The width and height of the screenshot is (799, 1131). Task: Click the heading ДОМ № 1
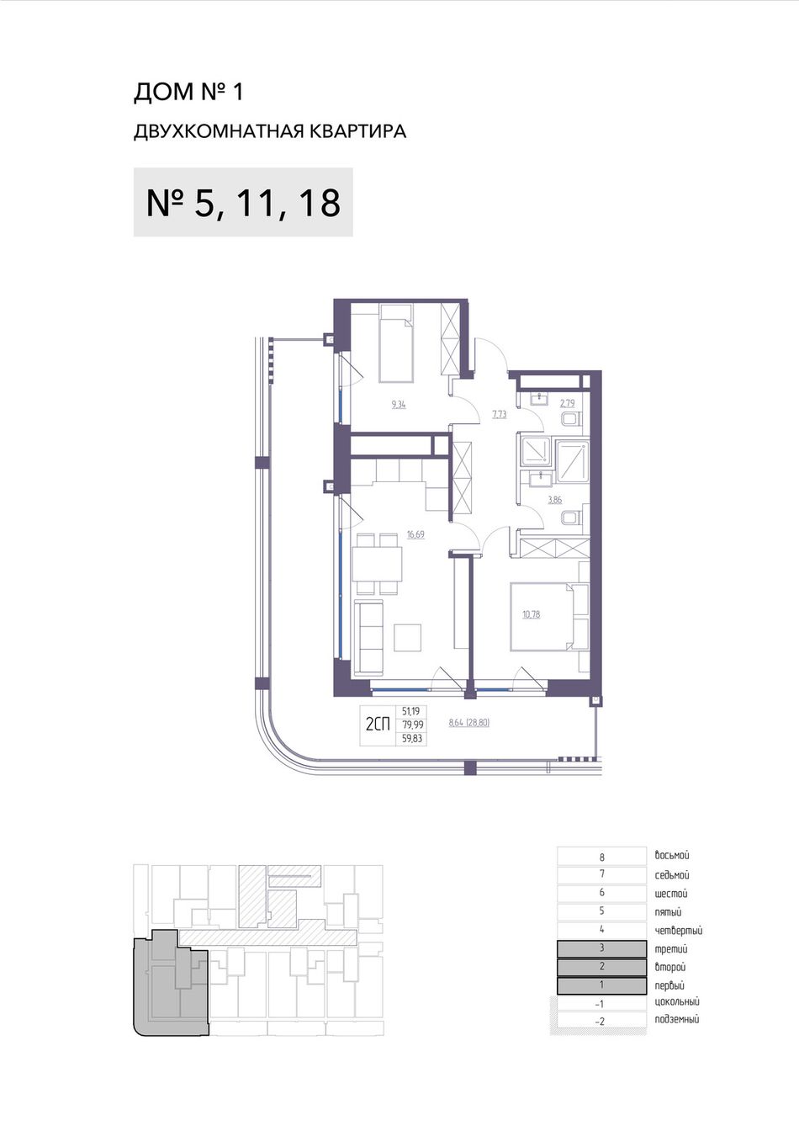(x=188, y=93)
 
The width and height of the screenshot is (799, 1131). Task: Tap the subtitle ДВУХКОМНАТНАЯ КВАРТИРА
(x=270, y=132)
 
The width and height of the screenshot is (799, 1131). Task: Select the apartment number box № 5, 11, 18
(x=243, y=202)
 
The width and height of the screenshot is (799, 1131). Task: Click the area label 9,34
(x=398, y=405)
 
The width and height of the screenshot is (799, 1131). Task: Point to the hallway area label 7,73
(x=500, y=415)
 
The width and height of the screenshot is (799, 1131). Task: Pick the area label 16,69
(x=416, y=534)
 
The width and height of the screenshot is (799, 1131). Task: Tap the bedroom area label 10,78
(x=532, y=614)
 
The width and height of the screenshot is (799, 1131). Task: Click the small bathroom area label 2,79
(x=568, y=403)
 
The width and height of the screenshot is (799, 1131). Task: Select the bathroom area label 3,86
(x=555, y=501)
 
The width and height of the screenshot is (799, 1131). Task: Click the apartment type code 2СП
(x=378, y=725)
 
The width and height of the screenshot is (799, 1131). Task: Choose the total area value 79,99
(x=412, y=725)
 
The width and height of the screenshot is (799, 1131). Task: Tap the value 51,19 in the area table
(x=411, y=711)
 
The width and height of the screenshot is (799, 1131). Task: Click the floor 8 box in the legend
(x=601, y=857)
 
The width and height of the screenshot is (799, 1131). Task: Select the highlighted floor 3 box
(x=601, y=948)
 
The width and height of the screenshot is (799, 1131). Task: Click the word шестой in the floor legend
(x=671, y=894)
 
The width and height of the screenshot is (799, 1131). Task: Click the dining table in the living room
(x=377, y=564)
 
